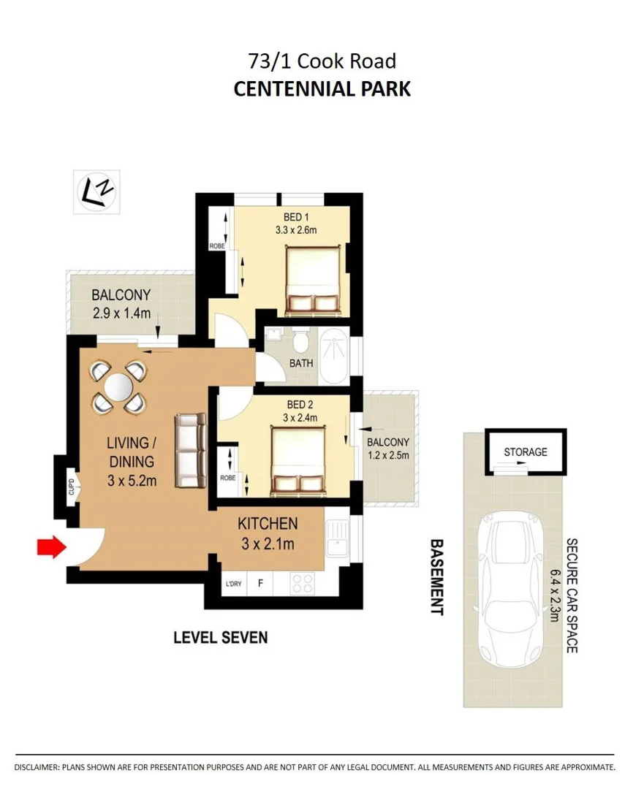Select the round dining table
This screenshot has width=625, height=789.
(118, 386)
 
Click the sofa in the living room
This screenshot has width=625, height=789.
(191, 450)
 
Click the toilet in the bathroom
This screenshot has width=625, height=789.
(300, 341)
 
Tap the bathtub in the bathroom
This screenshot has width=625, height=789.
(335, 357)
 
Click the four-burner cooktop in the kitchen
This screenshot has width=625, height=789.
(303, 583)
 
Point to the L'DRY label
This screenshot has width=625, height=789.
(234, 584)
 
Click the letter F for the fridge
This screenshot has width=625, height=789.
(260, 584)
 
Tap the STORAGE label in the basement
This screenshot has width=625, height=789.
(525, 452)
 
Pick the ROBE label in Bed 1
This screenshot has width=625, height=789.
(217, 246)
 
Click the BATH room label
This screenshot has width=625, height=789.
(301, 363)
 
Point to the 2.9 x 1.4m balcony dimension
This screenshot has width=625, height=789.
(121, 314)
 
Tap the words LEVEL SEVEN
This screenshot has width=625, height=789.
(220, 637)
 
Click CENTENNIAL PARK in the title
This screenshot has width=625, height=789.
(322, 89)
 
